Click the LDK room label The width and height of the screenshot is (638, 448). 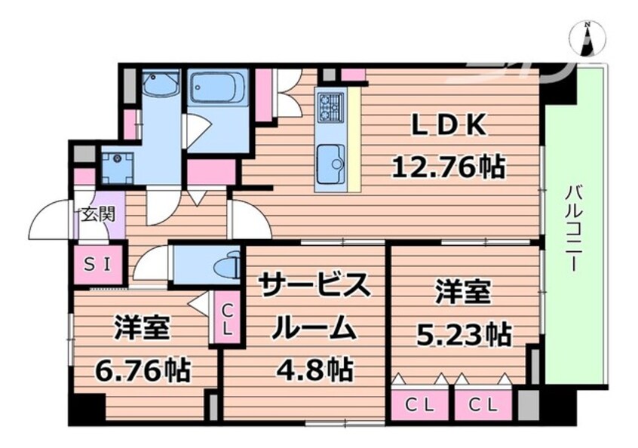tap(449, 125)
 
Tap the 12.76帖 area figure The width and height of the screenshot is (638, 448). tap(449, 167)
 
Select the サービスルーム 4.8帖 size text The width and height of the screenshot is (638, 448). tap(315, 370)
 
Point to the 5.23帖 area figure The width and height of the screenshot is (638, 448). tap(464, 333)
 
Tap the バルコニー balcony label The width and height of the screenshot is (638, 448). tap(574, 228)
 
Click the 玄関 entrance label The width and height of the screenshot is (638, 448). tap(97, 214)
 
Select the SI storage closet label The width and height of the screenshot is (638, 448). tap(97, 265)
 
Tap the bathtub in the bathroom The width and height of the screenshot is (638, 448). tap(218, 88)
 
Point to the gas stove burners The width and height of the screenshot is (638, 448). tap(330, 106)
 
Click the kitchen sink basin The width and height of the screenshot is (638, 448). tap(330, 164)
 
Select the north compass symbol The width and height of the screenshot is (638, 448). tap(587, 38)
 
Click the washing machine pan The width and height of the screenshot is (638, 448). tap(118, 167)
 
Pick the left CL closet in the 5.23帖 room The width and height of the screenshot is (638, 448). tap(420, 404)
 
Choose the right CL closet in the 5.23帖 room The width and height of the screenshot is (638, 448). tap(483, 404)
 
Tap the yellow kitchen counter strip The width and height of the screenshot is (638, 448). tap(354, 140)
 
